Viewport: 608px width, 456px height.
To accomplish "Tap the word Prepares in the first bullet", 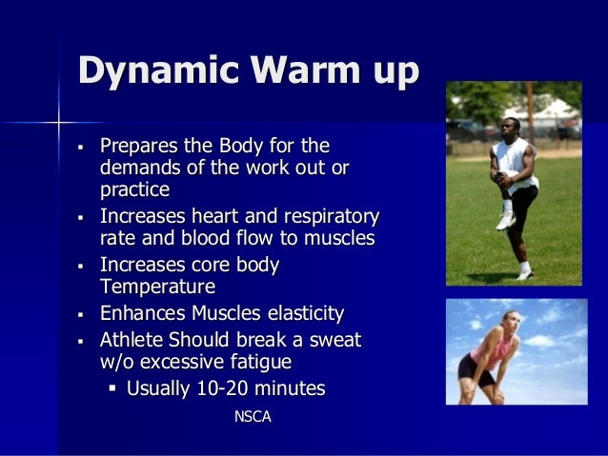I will click(135, 147).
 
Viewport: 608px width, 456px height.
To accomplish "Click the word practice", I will click(134, 189).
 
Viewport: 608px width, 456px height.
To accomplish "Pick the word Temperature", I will click(157, 287).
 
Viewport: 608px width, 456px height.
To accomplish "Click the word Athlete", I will click(132, 340).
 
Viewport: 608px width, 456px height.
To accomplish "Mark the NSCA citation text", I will click(253, 416).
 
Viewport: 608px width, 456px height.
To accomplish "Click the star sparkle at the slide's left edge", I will click(59, 123).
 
